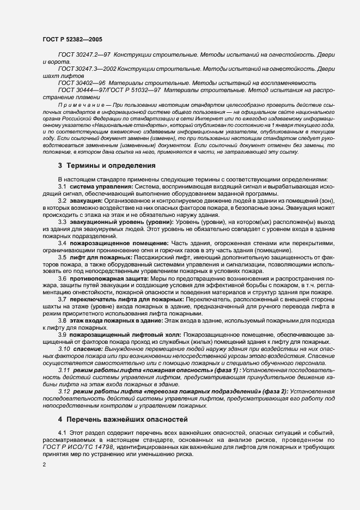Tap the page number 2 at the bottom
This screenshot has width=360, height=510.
click(x=44, y=464)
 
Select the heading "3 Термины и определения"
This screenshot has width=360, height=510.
click(x=107, y=165)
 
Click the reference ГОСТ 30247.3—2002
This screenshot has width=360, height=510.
click(x=86, y=69)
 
